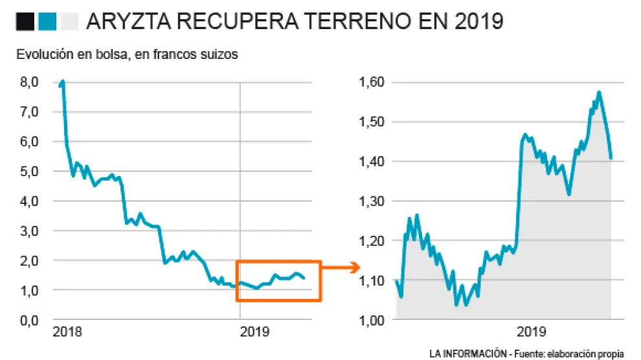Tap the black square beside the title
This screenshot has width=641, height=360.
click(x=25, y=22)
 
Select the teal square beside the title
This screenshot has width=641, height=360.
click(x=47, y=22)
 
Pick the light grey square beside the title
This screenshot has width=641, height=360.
click(x=68, y=22)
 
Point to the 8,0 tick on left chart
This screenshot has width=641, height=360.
click(x=30, y=82)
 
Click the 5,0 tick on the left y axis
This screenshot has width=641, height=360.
click(x=30, y=172)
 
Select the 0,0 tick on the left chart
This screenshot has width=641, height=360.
click(x=30, y=320)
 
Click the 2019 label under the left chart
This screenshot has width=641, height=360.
click(x=254, y=332)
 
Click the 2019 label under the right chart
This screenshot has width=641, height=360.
click(x=531, y=332)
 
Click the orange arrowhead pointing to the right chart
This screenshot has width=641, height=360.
click(x=355, y=267)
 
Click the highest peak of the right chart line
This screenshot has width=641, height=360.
click(x=600, y=93)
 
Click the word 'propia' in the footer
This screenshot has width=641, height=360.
click(x=611, y=354)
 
